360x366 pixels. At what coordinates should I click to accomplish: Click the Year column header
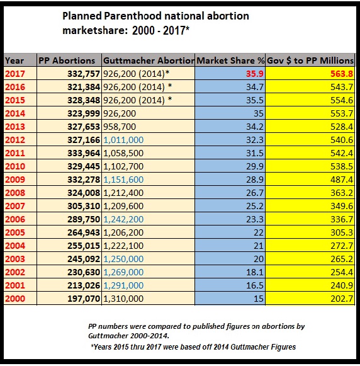15,60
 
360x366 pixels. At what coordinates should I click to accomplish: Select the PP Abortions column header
67,60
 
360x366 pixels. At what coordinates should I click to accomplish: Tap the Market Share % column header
230,60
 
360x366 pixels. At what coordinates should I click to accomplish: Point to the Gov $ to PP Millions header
311,60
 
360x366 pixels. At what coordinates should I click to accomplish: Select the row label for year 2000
16,298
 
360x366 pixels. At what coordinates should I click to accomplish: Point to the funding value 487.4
340,179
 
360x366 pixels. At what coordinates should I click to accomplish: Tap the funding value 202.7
340,298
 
